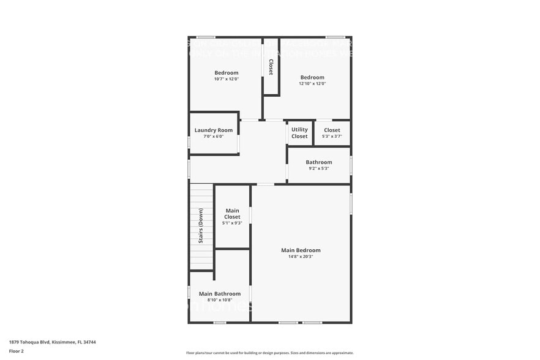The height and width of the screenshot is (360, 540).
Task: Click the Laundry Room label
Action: click(214, 130)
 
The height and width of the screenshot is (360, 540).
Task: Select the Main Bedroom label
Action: click(301, 250)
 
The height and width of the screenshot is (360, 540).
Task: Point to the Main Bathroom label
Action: click(219, 294)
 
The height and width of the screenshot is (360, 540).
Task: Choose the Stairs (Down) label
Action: click(201, 226)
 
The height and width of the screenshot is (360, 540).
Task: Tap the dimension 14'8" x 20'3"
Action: click(301, 257)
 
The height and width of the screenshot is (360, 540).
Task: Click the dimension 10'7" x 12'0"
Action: click(227, 79)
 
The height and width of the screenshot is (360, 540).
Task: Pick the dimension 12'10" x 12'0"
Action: click(312, 84)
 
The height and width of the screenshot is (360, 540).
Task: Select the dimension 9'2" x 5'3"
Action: click(319, 168)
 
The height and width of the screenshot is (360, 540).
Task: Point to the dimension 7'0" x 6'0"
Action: click(214, 137)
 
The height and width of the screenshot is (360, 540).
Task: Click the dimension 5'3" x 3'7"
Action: click(332, 137)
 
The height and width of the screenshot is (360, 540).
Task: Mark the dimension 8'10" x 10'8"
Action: click(219, 300)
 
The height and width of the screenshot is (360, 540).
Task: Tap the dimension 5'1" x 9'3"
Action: click(232, 223)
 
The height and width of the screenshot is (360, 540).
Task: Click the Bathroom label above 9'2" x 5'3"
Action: click(319, 162)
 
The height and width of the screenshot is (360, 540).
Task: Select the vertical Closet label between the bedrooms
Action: click(271, 67)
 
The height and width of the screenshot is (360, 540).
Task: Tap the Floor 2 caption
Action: click(17, 351)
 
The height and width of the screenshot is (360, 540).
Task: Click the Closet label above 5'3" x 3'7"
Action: click(332, 130)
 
